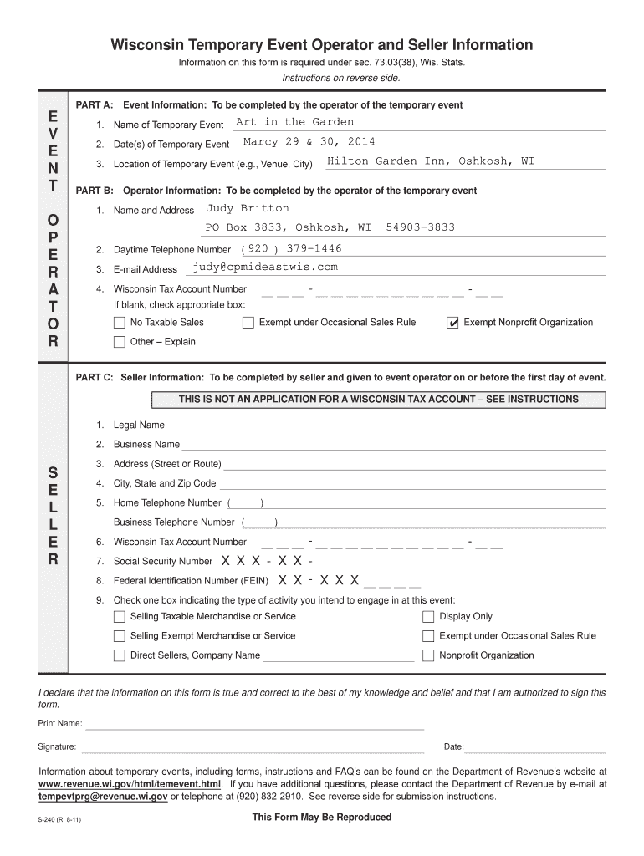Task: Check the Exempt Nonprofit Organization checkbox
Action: tap(453, 323)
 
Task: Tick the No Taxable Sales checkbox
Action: tap(120, 323)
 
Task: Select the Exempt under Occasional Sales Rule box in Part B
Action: tap(248, 323)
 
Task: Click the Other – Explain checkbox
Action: tap(120, 341)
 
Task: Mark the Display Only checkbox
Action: tap(428, 617)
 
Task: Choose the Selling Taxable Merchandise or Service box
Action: tap(120, 617)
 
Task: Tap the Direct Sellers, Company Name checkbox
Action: tap(120, 655)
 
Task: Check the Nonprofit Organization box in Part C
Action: tap(428, 655)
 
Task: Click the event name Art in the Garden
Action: tap(294, 122)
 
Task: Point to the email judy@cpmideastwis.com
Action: tap(265, 267)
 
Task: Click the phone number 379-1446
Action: tap(314, 248)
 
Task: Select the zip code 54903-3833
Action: tap(421, 227)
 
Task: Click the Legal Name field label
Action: tap(139, 425)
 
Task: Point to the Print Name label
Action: tap(60, 723)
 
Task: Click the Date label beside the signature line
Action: tap(453, 746)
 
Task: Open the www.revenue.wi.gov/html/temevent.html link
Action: tap(130, 785)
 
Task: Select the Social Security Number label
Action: tap(163, 562)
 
